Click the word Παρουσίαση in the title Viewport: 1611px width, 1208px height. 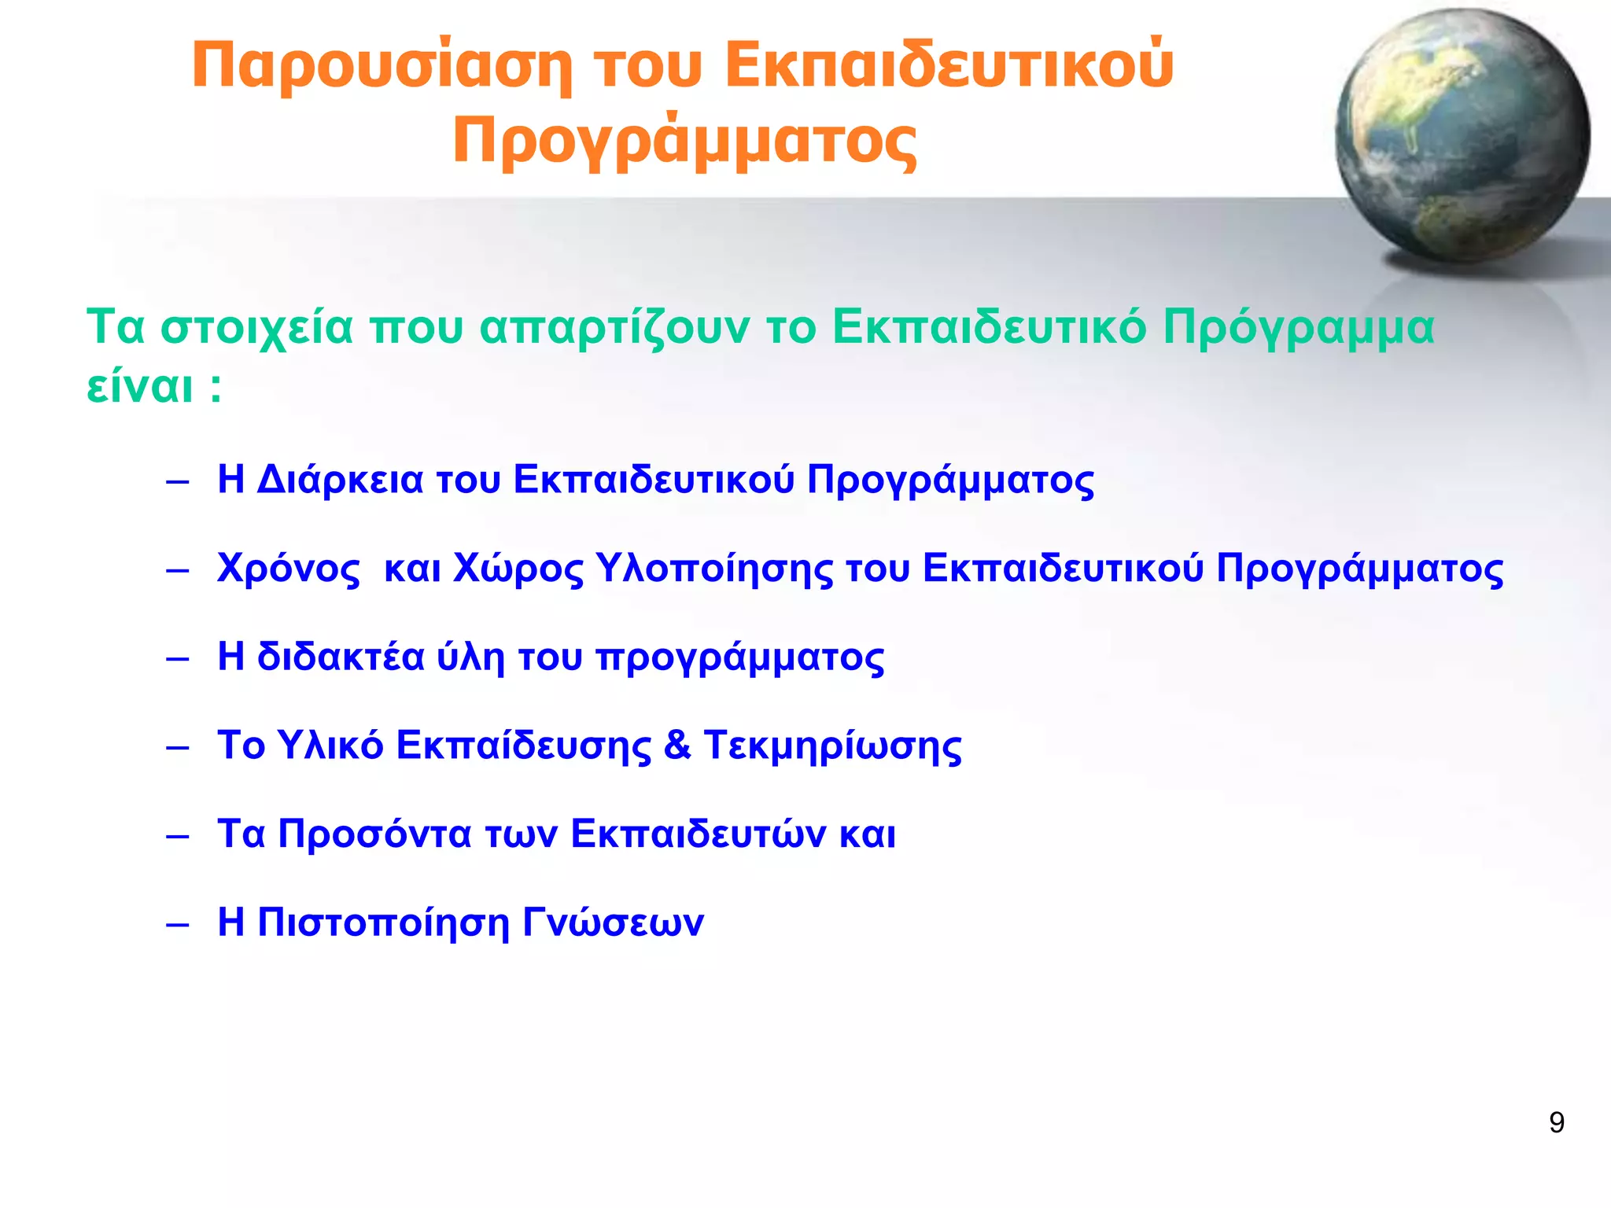[382, 67]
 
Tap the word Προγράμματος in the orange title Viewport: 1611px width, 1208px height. [684, 142]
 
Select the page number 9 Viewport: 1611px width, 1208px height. [1556, 1122]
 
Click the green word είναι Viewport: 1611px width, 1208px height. [139, 387]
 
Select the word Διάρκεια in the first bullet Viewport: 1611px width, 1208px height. [340, 480]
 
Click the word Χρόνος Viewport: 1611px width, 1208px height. [289, 569]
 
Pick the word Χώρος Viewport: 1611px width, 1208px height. [518, 569]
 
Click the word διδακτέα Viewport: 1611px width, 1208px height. [341, 657]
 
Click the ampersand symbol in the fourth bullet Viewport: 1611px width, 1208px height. [677, 746]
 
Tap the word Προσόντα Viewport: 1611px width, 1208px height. [374, 834]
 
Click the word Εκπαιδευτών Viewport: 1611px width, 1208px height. [699, 834]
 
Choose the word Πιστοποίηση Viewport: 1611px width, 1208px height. [383, 923]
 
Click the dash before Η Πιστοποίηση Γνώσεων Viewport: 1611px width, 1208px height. [178, 924]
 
